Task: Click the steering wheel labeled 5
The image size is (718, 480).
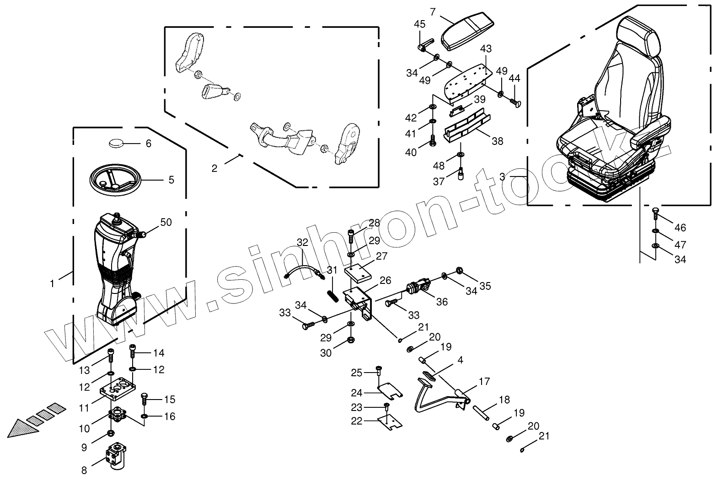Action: (x=114, y=181)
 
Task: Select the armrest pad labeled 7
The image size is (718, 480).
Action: (x=468, y=32)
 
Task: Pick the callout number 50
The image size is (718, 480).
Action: (x=166, y=222)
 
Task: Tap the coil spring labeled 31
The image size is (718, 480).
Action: (x=332, y=294)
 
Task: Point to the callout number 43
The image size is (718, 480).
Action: (x=486, y=48)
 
